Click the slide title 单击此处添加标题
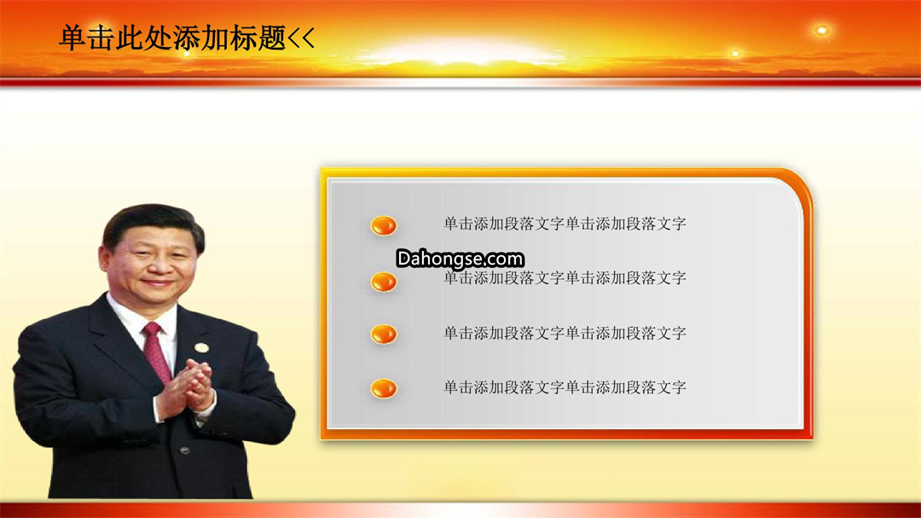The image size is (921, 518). [x=172, y=38]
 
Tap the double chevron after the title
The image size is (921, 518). [x=302, y=38]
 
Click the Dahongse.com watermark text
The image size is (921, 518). [x=460, y=259]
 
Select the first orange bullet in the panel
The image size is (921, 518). [x=384, y=225]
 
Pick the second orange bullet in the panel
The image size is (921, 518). [x=384, y=282]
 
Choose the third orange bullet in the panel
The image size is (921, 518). [x=384, y=334]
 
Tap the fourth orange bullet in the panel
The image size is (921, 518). [x=384, y=388]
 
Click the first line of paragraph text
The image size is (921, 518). [x=565, y=224]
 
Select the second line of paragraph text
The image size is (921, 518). [x=565, y=277]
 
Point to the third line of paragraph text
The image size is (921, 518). [x=565, y=333]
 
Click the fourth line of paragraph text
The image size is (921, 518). [x=565, y=387]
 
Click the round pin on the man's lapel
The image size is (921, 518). [x=202, y=347]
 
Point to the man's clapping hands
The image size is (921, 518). [x=189, y=387]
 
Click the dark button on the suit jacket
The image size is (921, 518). [x=184, y=451]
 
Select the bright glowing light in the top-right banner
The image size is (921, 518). [x=822, y=30]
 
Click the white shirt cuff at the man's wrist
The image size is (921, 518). [x=158, y=408]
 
